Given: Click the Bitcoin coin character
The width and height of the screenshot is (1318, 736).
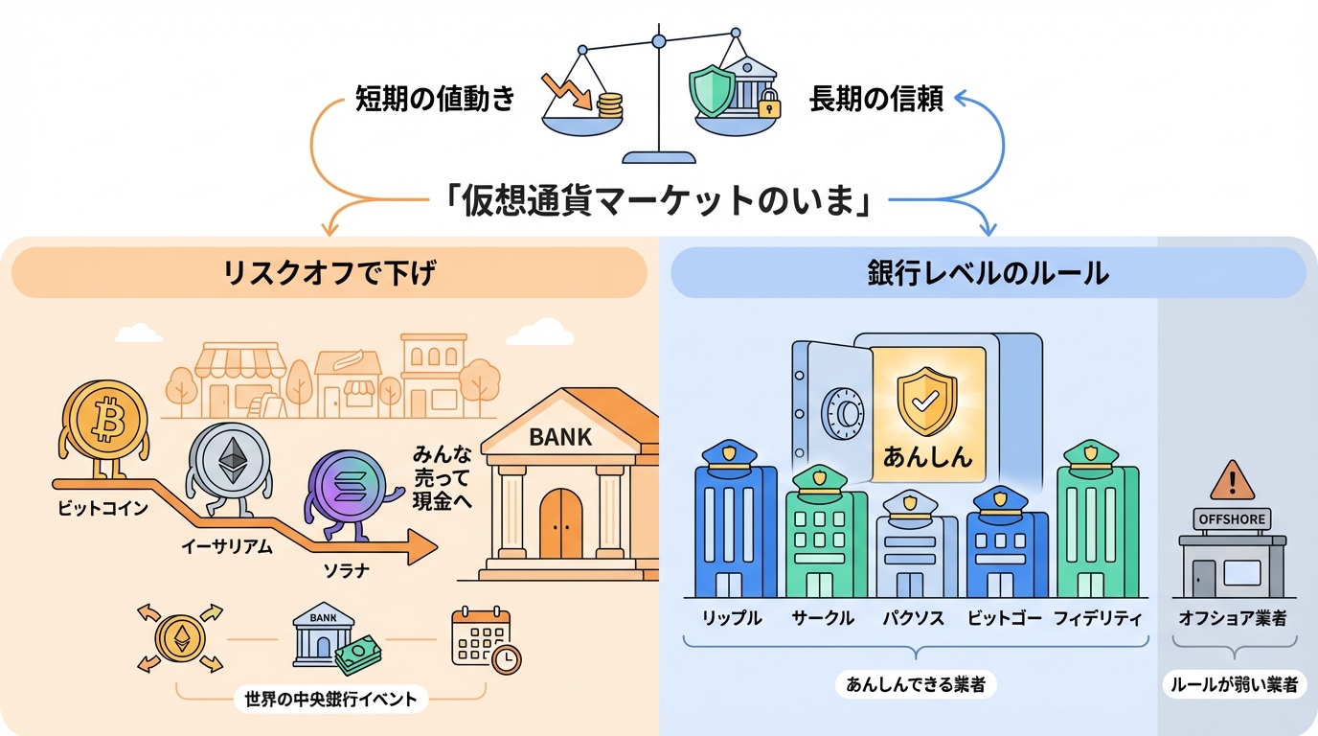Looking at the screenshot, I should (105, 419).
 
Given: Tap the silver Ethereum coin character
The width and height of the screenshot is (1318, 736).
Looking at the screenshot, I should (230, 463).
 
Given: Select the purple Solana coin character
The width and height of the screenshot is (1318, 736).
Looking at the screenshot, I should (347, 491).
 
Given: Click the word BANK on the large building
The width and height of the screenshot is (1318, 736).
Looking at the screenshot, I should (560, 438).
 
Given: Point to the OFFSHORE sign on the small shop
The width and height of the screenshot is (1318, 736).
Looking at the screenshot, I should (1231, 519).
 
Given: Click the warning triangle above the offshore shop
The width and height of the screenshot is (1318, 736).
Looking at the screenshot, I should (1231, 478).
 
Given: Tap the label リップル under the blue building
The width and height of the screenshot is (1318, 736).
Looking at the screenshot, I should (734, 618).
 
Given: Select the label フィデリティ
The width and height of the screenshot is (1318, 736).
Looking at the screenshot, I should (1098, 618).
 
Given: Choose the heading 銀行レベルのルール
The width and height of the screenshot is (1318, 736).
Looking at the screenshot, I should (987, 273).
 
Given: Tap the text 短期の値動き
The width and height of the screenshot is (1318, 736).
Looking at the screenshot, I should (435, 99).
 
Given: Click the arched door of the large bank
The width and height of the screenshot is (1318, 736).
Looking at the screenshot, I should (560, 528).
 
